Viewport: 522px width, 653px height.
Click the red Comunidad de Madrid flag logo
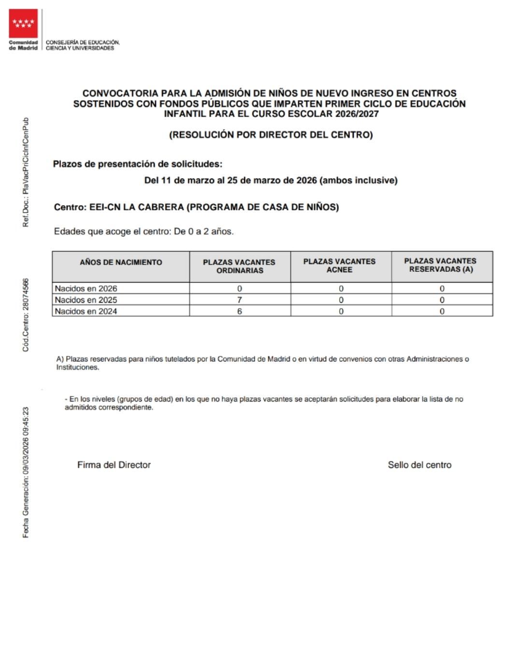pos(23,23)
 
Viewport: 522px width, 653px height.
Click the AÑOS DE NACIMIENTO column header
pos(121,262)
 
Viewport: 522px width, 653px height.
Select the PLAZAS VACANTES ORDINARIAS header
pos(239,266)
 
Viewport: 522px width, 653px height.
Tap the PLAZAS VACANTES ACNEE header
pos(339,266)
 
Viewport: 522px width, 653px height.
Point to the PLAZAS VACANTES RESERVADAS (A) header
pos(440,265)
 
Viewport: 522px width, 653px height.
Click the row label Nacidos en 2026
pos(86,289)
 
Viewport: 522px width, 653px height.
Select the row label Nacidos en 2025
pos(86,300)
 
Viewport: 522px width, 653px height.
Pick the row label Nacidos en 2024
pos(86,312)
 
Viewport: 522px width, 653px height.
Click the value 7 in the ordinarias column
pos(239,300)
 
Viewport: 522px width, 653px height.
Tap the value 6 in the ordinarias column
pos(239,312)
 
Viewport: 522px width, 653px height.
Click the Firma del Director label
pos(114,465)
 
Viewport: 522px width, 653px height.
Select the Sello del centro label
pos(420,465)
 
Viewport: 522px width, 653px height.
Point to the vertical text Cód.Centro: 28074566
pos(26,315)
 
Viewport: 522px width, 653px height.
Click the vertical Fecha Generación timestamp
pos(26,472)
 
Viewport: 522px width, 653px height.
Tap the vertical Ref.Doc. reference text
pos(26,172)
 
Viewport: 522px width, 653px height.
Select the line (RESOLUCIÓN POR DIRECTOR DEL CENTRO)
pos(271,135)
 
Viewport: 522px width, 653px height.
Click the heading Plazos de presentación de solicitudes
pos(138,164)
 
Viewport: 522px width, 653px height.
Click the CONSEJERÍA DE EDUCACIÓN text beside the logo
pos(83,43)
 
